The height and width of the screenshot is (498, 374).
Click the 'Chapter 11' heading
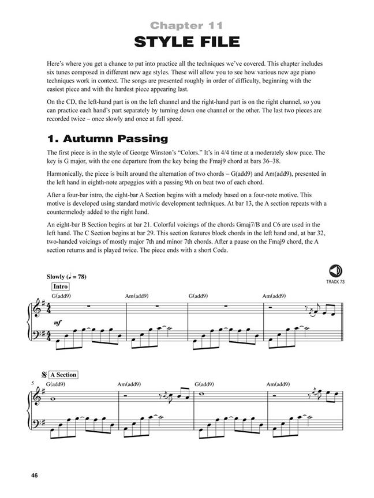(x=186, y=25)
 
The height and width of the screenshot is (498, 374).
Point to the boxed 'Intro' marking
(x=61, y=286)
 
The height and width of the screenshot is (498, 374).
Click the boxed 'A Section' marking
(x=61, y=375)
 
